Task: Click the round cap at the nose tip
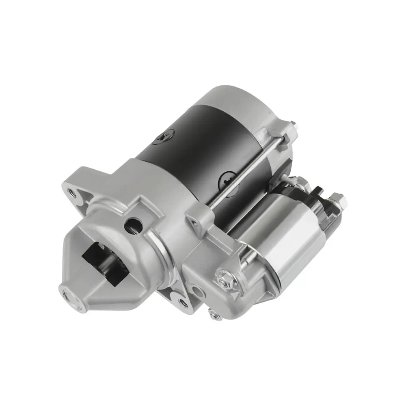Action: (x=68, y=294)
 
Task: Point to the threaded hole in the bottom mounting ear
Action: (x=181, y=302)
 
